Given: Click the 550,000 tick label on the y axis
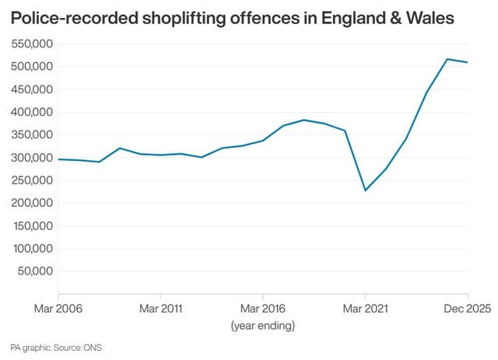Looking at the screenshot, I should (31, 44).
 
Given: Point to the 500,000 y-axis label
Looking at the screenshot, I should (31, 66).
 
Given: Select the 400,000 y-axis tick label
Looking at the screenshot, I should (31, 112).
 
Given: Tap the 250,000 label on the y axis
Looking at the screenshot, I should (31, 180).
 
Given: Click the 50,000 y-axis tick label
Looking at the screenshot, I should (34, 271).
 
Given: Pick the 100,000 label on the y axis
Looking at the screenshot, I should (31, 249).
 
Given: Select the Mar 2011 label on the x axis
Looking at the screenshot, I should (160, 308).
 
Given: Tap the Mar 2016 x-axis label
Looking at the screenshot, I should (262, 308).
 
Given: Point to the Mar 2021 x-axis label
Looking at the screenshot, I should (365, 308).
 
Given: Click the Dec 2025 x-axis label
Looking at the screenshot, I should (467, 308).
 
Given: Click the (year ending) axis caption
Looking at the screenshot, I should (262, 326).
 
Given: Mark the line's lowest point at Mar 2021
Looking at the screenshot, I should (365, 190).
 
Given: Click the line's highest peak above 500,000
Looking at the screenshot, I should (447, 59).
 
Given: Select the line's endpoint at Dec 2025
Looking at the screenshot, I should (467, 62).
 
